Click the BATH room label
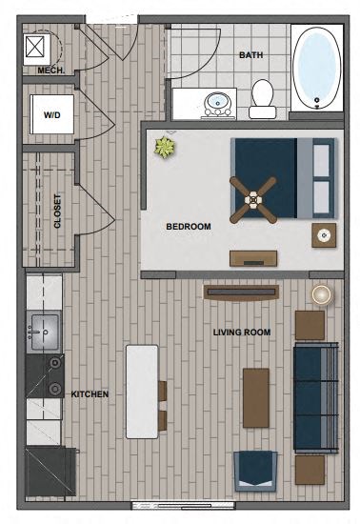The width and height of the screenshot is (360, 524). click(x=250, y=55)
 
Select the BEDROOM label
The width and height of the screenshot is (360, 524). click(x=189, y=227)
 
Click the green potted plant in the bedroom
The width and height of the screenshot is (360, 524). click(x=167, y=148)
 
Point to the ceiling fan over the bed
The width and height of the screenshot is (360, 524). click(x=253, y=198)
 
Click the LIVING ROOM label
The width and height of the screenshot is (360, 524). click(x=242, y=333)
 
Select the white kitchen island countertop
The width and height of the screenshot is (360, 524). click(x=142, y=391)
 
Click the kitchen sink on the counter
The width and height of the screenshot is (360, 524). click(x=43, y=332)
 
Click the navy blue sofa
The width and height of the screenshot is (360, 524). click(x=316, y=397)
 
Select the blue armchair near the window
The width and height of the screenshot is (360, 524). click(x=256, y=470)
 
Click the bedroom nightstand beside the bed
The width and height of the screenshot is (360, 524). click(x=324, y=234)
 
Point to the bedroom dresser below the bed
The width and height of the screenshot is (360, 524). click(x=253, y=258)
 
